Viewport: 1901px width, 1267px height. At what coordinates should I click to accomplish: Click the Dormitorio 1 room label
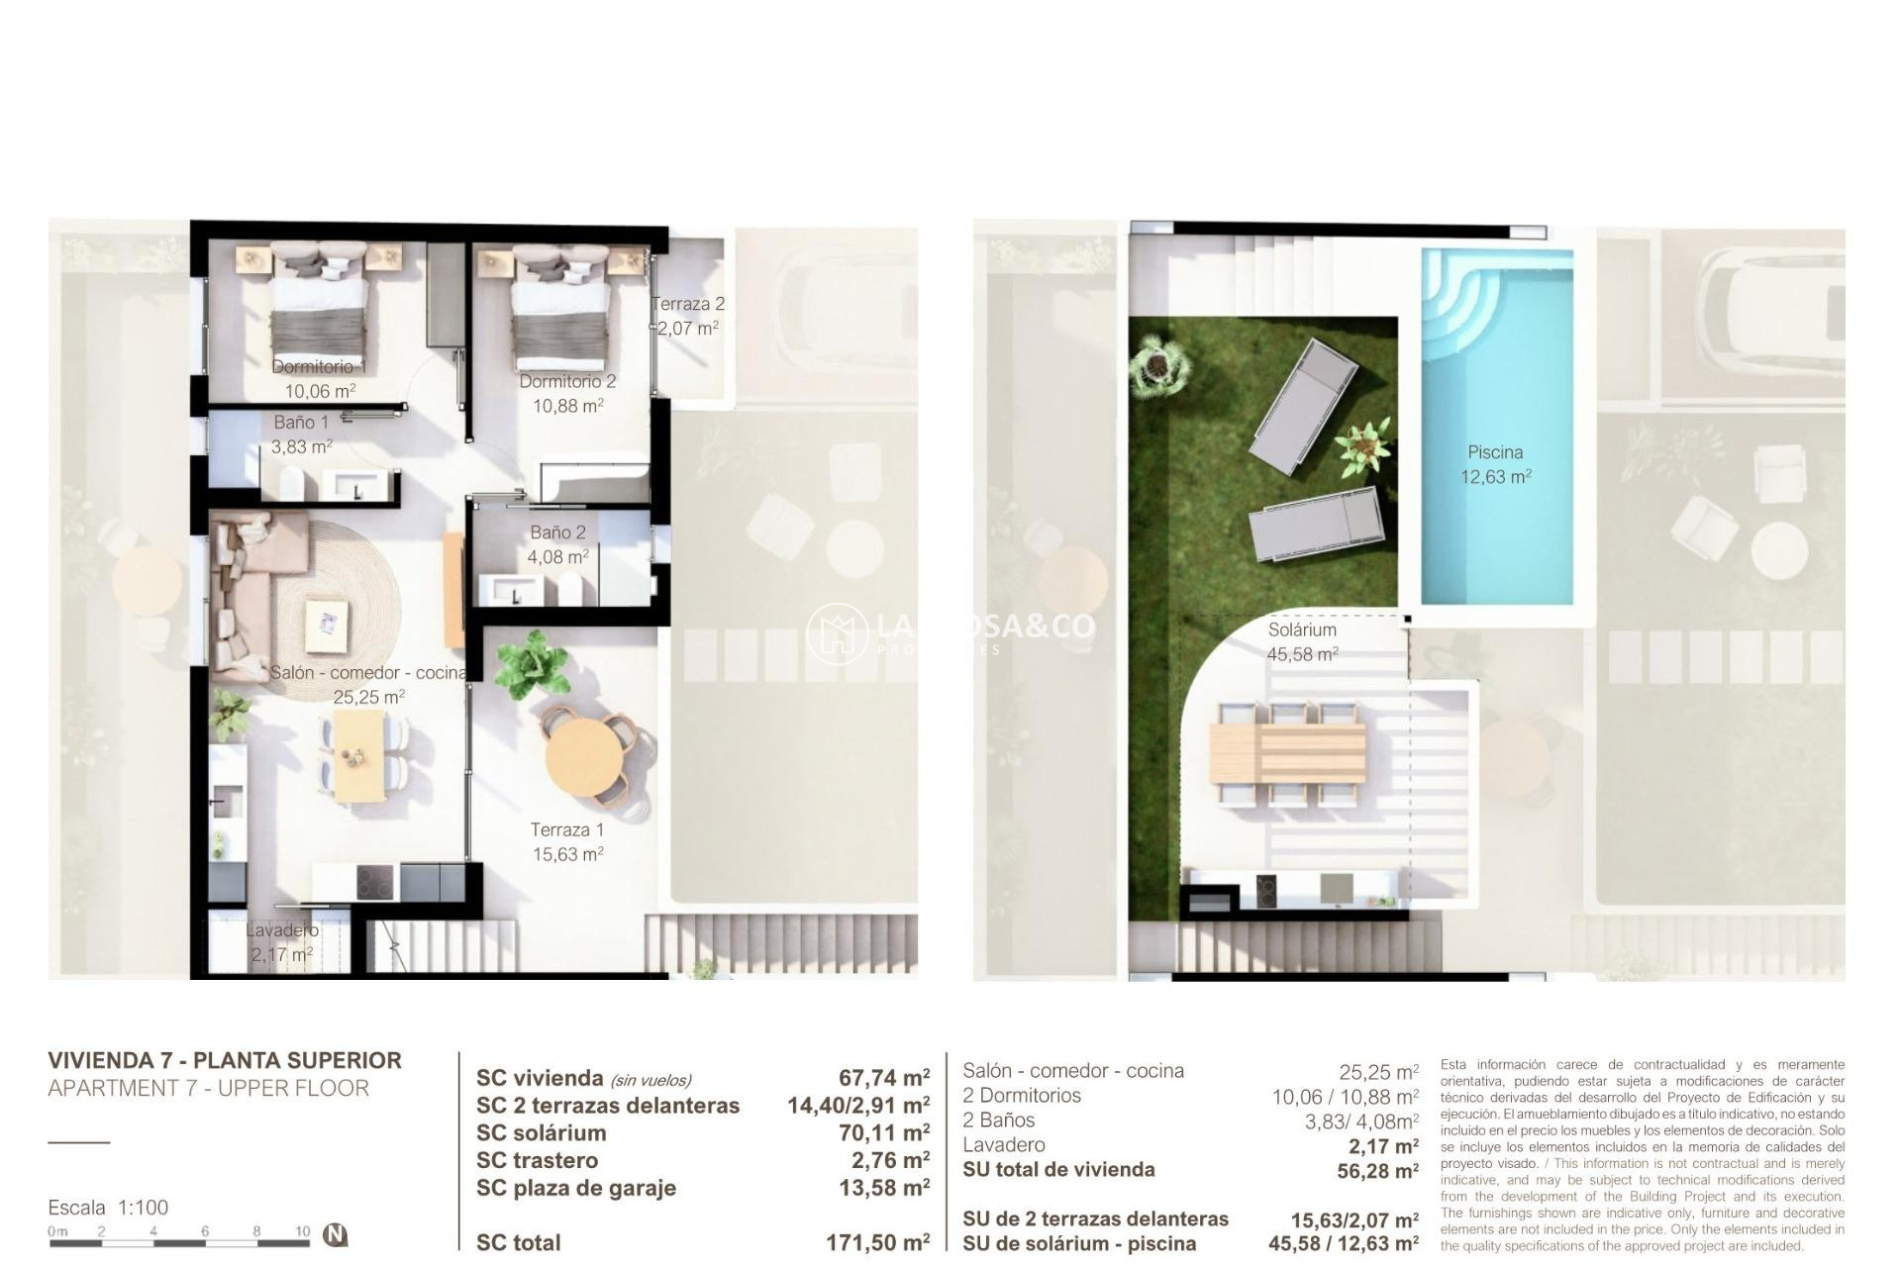(319, 367)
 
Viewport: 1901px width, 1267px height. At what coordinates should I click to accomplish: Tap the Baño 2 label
(557, 533)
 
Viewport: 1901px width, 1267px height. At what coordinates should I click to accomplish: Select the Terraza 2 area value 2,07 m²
(688, 328)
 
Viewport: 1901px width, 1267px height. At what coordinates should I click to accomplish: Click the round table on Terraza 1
(585, 756)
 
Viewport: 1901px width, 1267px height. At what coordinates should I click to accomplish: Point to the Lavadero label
(282, 930)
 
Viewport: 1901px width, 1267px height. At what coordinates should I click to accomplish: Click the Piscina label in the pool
(1495, 452)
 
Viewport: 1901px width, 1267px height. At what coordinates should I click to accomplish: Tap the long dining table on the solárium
(1287, 751)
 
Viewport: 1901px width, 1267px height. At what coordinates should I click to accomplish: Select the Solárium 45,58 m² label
(1302, 641)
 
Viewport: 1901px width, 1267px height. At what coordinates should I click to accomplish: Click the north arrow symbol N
(336, 1234)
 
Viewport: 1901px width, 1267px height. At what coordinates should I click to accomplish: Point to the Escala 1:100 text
(108, 1208)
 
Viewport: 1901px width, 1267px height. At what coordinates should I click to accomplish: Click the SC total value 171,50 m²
(877, 1242)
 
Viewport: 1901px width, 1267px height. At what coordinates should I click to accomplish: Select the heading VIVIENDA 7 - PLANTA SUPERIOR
(225, 1060)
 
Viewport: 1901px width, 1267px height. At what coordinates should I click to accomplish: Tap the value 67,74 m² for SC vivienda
(883, 1078)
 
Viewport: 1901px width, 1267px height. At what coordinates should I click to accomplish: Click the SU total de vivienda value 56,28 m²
(1377, 1171)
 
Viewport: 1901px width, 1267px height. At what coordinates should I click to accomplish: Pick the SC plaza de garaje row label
(575, 1188)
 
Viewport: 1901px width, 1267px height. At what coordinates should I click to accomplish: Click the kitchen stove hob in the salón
(375, 882)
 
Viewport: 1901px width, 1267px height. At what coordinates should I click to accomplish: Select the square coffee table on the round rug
(328, 626)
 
